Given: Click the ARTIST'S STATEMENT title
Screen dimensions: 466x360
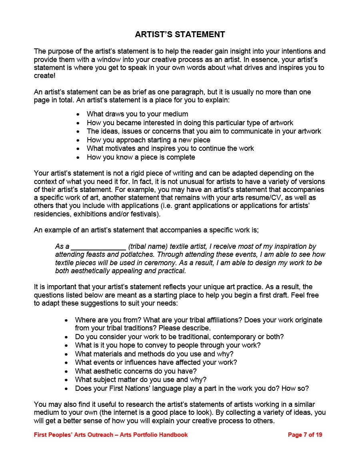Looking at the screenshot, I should coord(180,34).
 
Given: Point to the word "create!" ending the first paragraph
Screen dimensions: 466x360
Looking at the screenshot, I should coord(44,76).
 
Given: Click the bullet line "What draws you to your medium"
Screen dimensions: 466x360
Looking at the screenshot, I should coord(137,114).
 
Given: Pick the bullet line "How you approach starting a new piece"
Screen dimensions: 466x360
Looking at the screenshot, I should coord(148,140).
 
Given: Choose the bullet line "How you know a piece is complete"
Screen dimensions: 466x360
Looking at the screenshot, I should coord(141,157).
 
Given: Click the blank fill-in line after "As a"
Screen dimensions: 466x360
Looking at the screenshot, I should coord(98,247).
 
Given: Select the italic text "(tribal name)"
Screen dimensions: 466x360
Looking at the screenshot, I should coord(148,246).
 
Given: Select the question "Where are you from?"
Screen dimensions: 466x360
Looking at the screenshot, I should coord(108,320).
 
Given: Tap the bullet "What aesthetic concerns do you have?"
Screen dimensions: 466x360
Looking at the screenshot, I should coord(136,371).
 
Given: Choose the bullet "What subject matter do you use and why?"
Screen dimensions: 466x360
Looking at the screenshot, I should coord(140,380).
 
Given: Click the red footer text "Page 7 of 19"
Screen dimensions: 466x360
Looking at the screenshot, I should coord(305,435).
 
